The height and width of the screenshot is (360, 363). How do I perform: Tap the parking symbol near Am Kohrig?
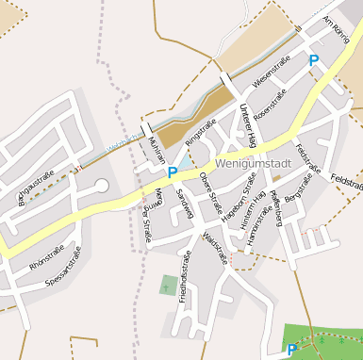(314, 60)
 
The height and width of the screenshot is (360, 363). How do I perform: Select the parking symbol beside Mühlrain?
(173, 172)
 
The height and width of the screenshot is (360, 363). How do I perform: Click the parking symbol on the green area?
(292, 349)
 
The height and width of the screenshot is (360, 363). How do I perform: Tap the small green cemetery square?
(169, 285)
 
